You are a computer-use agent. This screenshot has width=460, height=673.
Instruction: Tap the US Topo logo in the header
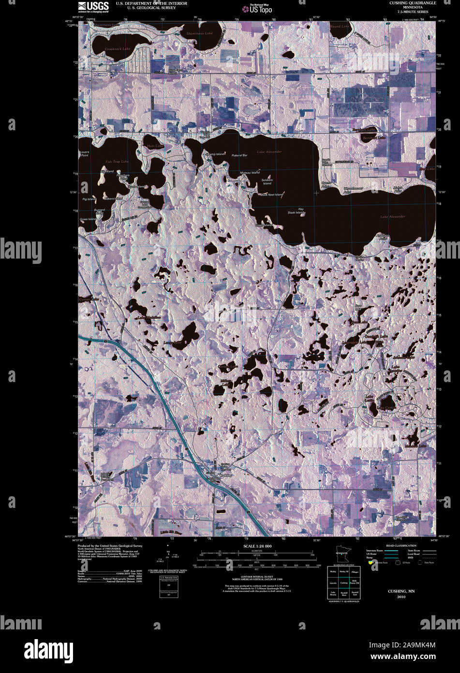click(260, 9)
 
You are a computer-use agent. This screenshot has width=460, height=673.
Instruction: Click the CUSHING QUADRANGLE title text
click(413, 3)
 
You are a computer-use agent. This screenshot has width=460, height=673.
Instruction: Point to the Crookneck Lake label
click(119, 49)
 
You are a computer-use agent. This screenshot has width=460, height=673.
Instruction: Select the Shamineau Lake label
click(199, 33)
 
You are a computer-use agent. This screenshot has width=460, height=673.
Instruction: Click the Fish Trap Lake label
click(117, 161)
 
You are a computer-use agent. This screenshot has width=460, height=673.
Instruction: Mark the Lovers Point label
click(85, 153)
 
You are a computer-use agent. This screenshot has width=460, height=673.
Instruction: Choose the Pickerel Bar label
click(239, 155)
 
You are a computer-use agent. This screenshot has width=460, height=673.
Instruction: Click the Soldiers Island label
click(267, 182)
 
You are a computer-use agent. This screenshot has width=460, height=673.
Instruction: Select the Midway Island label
click(250, 172)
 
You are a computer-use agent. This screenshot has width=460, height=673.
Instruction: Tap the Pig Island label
click(89, 199)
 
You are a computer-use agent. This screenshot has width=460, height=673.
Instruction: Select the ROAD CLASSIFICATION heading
click(398, 546)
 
